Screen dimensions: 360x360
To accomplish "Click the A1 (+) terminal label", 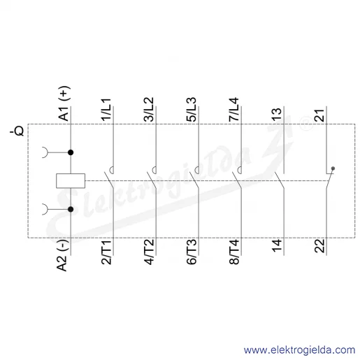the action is [64, 103].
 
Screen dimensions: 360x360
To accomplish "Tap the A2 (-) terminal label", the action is [62, 255].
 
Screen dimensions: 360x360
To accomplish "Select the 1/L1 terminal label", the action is [106, 110].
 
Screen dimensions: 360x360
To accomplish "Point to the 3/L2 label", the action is [149, 110].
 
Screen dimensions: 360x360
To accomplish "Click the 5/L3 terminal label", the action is [192, 110].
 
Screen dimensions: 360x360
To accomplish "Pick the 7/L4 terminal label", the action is [234, 110].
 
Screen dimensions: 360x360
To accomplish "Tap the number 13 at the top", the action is [277, 115].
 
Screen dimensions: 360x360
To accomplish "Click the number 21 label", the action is [319, 115].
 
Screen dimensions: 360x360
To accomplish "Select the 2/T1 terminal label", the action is [106, 252].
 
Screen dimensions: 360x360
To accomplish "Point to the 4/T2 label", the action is [149, 252].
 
